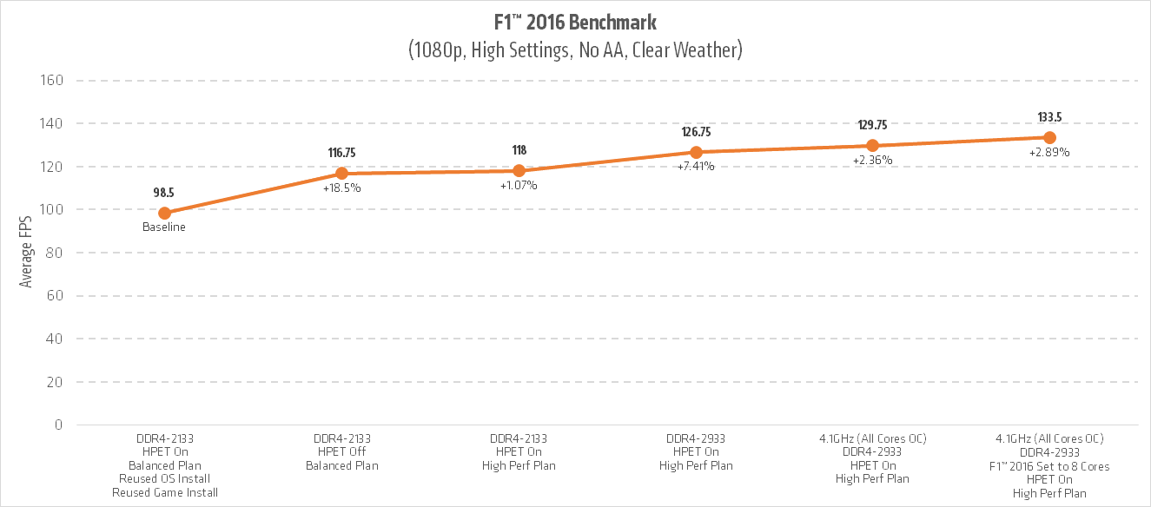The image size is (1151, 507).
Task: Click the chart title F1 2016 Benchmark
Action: [x=574, y=22]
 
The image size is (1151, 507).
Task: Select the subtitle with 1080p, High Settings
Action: [x=574, y=50]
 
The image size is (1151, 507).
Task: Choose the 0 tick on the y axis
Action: [x=59, y=425]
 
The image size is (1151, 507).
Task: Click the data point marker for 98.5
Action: [x=165, y=213]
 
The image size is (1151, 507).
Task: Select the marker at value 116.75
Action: [x=341, y=174]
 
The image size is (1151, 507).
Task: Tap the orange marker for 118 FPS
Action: [x=519, y=171]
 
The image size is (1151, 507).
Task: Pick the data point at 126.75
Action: [x=696, y=152]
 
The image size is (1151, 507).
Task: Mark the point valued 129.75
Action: [x=872, y=146]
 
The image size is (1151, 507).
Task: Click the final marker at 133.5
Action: [x=1049, y=138]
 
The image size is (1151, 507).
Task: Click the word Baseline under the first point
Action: [x=165, y=227]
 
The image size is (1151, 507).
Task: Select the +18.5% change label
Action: [x=341, y=188]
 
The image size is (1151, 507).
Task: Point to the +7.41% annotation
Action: [x=696, y=167]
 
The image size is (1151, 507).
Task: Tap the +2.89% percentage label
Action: [x=1049, y=153]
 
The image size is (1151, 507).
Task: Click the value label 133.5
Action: [x=1049, y=117]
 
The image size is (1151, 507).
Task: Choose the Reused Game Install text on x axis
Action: [x=165, y=492]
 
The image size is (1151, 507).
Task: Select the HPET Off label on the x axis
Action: [x=341, y=451]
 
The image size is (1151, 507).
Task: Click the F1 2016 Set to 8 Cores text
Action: [x=1049, y=465]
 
